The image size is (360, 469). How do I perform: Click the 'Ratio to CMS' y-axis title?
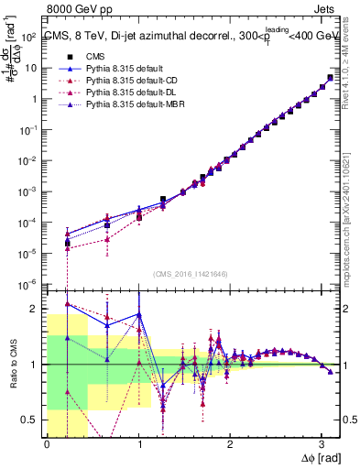coord(12,376)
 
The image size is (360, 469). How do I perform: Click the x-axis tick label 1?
coord(138,444)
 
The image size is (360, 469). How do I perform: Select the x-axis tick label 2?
coord(230,444)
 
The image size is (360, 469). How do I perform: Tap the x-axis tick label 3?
coord(322,444)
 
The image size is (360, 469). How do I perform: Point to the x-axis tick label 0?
coord(47,444)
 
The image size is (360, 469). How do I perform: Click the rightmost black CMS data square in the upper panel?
coord(330,78)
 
